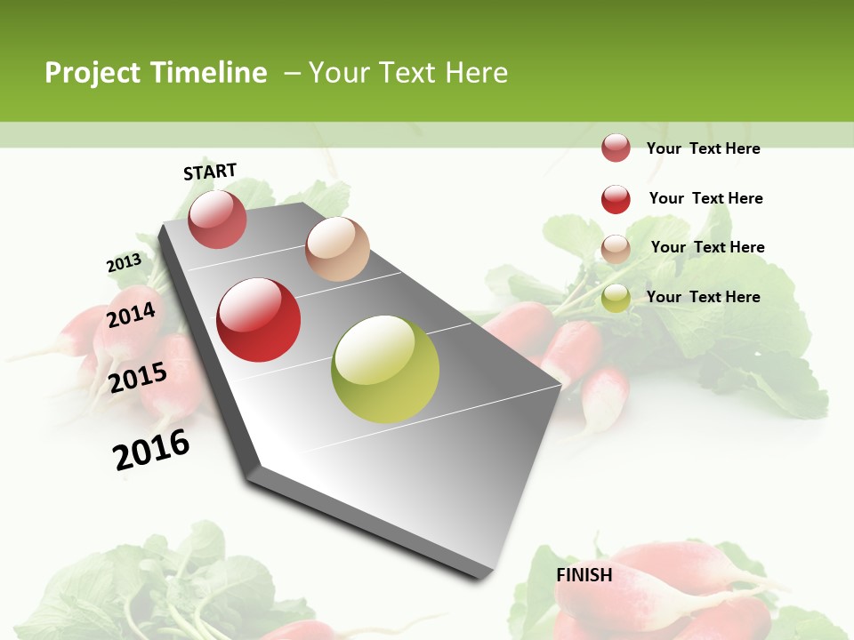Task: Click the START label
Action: [x=210, y=172]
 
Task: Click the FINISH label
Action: [x=584, y=575]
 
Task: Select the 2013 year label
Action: [x=124, y=263]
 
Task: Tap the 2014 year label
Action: [x=131, y=316]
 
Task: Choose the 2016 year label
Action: [x=151, y=450]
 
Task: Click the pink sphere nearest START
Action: [x=217, y=219]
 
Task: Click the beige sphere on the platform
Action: [x=337, y=249]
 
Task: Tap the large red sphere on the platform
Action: [x=259, y=320]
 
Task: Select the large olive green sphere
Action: [x=385, y=369]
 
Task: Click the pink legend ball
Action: [x=616, y=148]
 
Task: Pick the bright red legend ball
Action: [x=616, y=199]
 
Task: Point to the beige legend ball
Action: [x=616, y=249]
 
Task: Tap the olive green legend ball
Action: [x=616, y=299]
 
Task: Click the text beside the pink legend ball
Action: [x=703, y=148]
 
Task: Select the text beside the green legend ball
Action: [x=703, y=297]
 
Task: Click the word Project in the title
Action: [x=93, y=73]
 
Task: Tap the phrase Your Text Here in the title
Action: [x=408, y=73]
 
